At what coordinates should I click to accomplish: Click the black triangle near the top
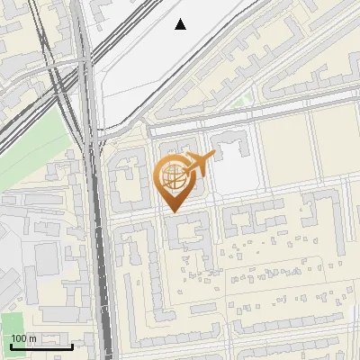(181, 24)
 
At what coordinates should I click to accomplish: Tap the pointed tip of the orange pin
(173, 211)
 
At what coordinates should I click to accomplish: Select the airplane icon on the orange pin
(201, 164)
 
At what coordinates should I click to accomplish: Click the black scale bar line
(41, 346)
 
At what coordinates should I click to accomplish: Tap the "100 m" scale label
(24, 338)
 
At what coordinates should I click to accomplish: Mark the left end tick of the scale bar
(11, 344)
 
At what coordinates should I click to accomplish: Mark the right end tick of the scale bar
(72, 344)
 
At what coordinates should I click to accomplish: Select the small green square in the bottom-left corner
(10, 325)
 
